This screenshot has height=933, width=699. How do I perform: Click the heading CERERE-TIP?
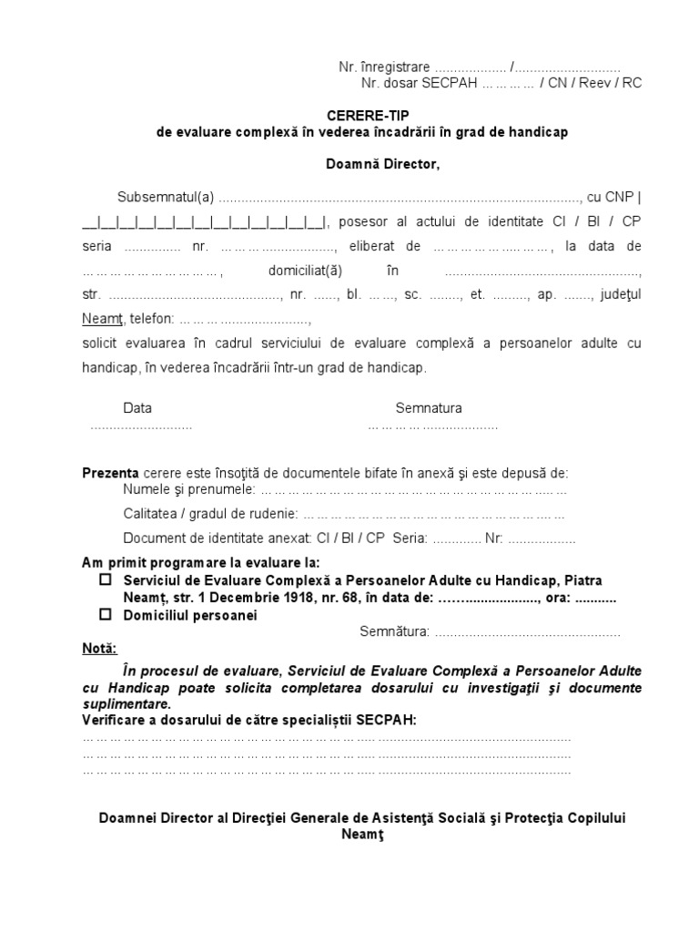(x=362, y=117)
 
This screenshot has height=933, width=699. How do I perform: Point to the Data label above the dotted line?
(x=137, y=408)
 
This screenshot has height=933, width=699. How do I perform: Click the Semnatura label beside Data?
(x=428, y=408)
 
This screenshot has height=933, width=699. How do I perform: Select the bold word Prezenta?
(x=110, y=473)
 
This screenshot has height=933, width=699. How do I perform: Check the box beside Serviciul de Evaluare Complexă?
(x=105, y=579)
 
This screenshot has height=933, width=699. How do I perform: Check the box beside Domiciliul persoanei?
(x=105, y=615)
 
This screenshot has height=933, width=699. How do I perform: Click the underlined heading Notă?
(x=99, y=649)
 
